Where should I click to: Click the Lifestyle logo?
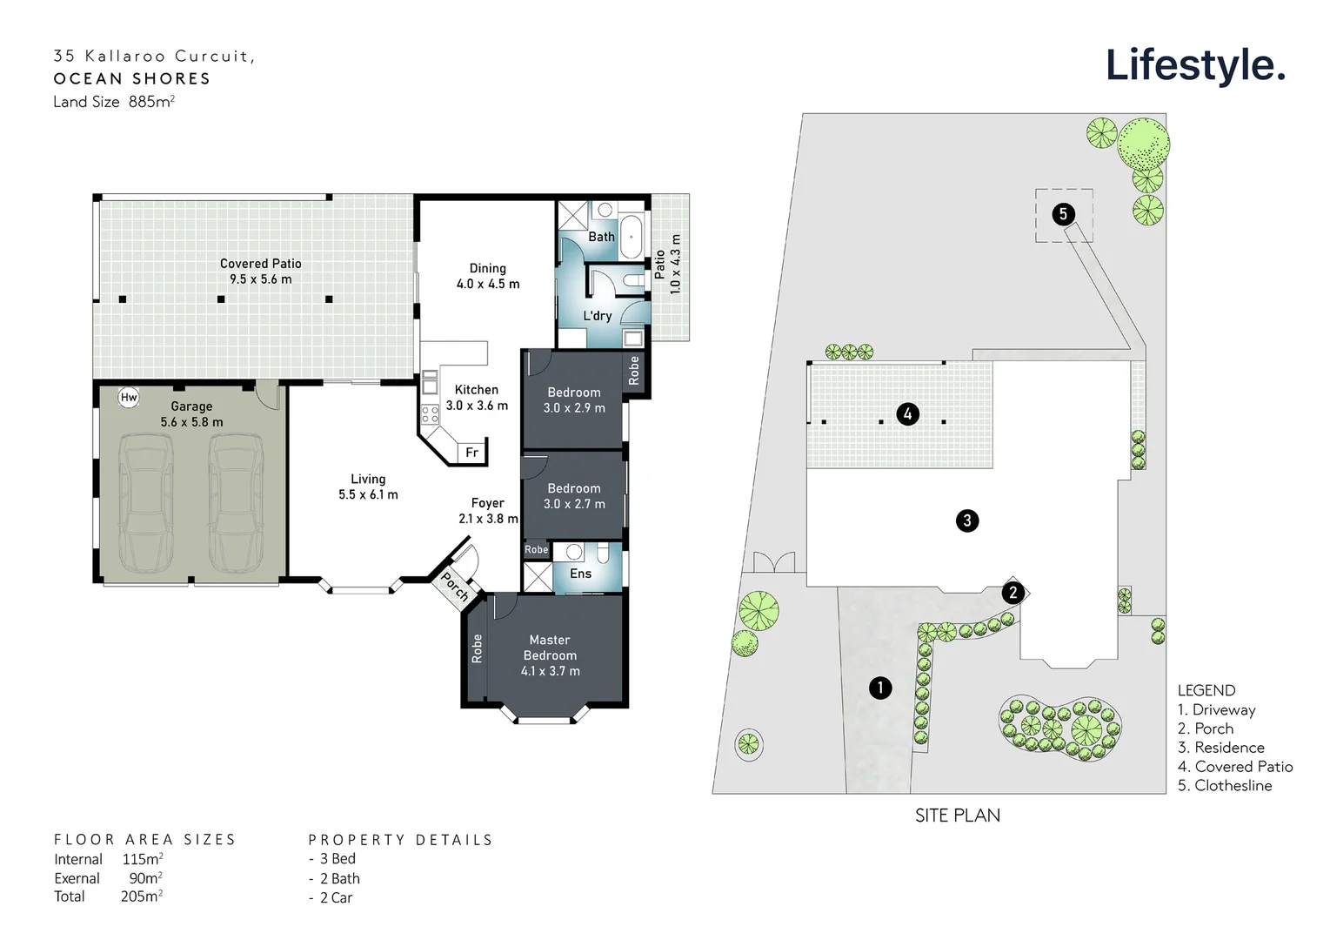coord(1194,65)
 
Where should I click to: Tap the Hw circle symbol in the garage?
coord(129,398)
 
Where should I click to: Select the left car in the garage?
coord(144,503)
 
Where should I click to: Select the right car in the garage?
coord(236,503)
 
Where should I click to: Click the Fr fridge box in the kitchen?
coord(471,453)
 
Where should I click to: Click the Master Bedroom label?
coord(550,648)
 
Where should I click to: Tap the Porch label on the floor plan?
coord(454,586)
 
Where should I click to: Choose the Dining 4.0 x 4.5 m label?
coord(488,276)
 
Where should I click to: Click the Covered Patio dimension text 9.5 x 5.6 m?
coord(261,279)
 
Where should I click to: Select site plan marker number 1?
coord(880,688)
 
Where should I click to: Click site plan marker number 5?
coord(1063,213)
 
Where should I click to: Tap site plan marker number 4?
coord(907,413)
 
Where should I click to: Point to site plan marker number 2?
coord(1013,594)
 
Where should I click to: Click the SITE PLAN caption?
coord(957,816)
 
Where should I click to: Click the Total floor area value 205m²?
coord(142,896)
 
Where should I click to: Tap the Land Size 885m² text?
coord(114,102)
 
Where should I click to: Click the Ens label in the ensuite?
coord(580,574)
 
